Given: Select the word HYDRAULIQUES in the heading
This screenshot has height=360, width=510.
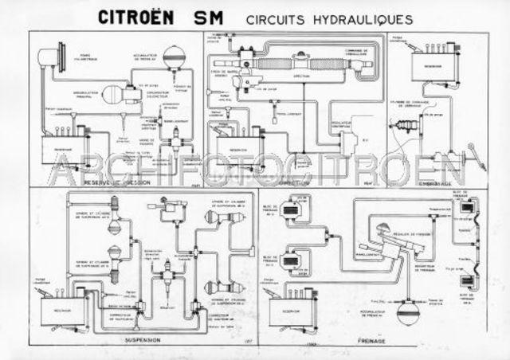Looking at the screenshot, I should [366, 17].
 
